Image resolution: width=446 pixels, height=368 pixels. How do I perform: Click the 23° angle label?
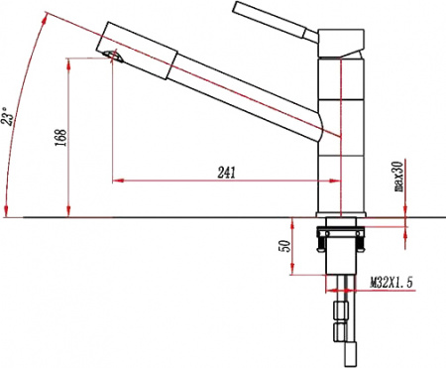[8, 116]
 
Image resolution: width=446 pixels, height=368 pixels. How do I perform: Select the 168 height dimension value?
[60, 138]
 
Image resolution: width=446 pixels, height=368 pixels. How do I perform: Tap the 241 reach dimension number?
[227, 173]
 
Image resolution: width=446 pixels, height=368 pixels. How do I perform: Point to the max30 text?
[399, 177]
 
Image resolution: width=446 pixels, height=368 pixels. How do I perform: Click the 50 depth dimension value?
[285, 246]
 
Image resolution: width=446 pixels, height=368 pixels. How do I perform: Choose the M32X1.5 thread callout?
[390, 283]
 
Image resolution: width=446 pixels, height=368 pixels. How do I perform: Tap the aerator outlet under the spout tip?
[114, 56]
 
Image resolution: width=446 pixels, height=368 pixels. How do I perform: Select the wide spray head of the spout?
[137, 51]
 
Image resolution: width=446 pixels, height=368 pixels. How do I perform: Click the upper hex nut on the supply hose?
[341, 310]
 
